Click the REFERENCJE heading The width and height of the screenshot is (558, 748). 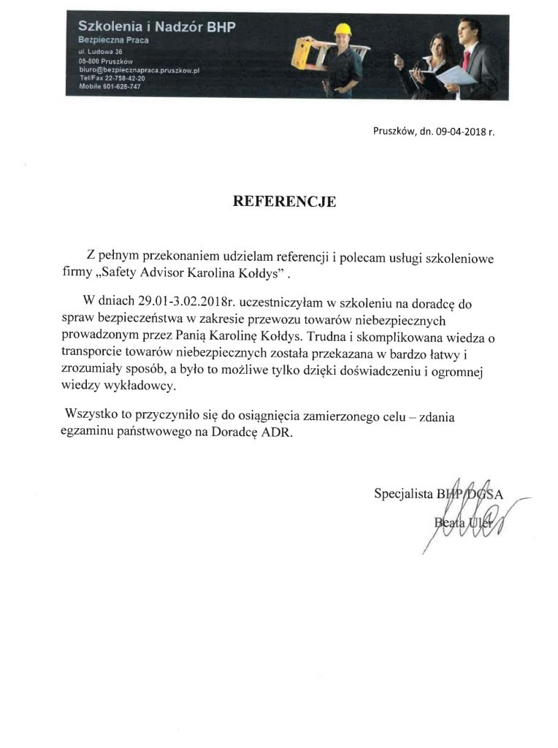coord(284,202)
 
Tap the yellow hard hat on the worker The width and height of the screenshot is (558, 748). coord(341,29)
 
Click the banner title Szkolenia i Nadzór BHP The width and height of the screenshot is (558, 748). coord(156,27)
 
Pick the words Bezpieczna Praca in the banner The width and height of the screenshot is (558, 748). coord(113,40)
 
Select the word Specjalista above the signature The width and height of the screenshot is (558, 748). coord(402,494)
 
